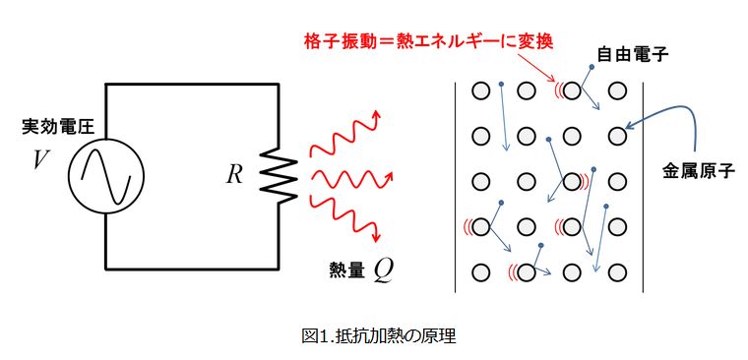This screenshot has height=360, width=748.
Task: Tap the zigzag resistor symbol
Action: coord(279,176)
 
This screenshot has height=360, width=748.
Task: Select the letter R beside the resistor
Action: coord(234,176)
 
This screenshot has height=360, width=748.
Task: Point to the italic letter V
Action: coord(40,161)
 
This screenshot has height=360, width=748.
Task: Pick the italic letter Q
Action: coord(384,270)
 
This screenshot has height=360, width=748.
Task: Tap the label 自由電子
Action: coord(633,54)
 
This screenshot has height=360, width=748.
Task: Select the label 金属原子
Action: coord(699,170)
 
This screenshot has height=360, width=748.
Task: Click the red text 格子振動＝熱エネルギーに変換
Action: coord(428,41)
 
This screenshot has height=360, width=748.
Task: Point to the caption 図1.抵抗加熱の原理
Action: coord(379,336)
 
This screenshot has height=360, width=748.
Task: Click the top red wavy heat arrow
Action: coord(344,134)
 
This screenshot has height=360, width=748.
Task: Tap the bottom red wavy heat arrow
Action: coord(345,218)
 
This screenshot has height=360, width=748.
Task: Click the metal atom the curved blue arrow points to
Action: coord(617,136)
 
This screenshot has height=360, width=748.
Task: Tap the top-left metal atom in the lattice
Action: coord(481,90)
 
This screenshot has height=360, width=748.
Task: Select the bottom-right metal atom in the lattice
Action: coord(617,272)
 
